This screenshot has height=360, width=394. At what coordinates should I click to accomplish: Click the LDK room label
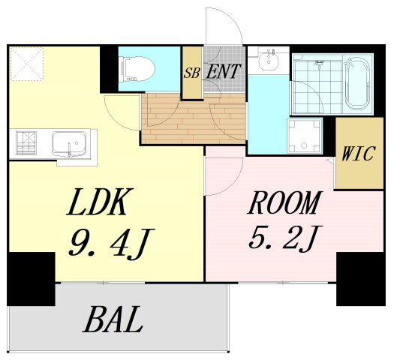pyautogui.click(x=97, y=202)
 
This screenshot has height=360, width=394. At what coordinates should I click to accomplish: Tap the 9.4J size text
pyautogui.click(x=110, y=242)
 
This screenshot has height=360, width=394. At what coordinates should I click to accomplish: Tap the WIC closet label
pyautogui.click(x=359, y=153)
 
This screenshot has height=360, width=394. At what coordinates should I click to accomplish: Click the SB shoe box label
pyautogui.click(x=192, y=73)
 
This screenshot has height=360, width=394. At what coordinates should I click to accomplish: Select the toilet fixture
pyautogui.click(x=137, y=69)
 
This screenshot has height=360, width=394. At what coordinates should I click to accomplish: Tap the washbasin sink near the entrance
pyautogui.click(x=269, y=60)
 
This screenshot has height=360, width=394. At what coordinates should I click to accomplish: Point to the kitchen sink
pyautogui.click(x=69, y=144)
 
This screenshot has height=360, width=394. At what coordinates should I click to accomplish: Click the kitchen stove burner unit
pyautogui.click(x=26, y=143)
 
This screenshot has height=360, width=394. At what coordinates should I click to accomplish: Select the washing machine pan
pyautogui.click(x=305, y=136)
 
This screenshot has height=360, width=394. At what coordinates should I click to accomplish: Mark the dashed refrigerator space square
pyautogui.click(x=26, y=64)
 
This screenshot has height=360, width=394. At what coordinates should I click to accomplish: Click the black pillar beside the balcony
pyautogui.click(x=32, y=279)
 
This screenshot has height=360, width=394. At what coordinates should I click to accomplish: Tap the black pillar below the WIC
pyautogui.click(x=360, y=279)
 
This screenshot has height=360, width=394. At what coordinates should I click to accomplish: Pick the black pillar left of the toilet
pyautogui.click(x=109, y=70)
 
